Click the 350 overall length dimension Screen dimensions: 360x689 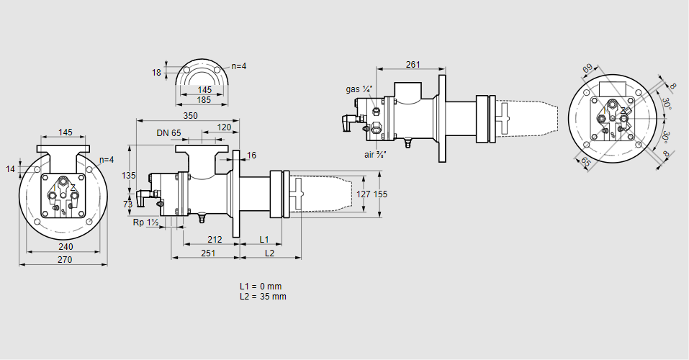(x=190, y=115)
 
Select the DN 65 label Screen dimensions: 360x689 (x=168, y=133)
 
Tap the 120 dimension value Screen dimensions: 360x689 (x=223, y=127)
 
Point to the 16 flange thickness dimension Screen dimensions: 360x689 (x=251, y=156)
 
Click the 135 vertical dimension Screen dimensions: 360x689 (x=129, y=175)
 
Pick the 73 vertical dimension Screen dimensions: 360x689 (x=129, y=204)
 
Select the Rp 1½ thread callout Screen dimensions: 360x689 (x=145, y=222)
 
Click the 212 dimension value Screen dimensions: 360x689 (x=214, y=239)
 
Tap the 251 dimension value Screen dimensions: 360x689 (x=207, y=253)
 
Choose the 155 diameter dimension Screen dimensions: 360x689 (x=380, y=194)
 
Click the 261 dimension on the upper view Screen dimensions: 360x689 (x=413, y=65)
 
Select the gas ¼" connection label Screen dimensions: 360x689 (x=358, y=89)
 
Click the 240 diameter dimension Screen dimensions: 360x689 (x=63, y=246)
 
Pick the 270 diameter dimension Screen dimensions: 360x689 (x=64, y=260)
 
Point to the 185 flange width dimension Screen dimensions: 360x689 (x=204, y=100)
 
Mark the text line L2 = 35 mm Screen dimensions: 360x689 (x=263, y=297)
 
